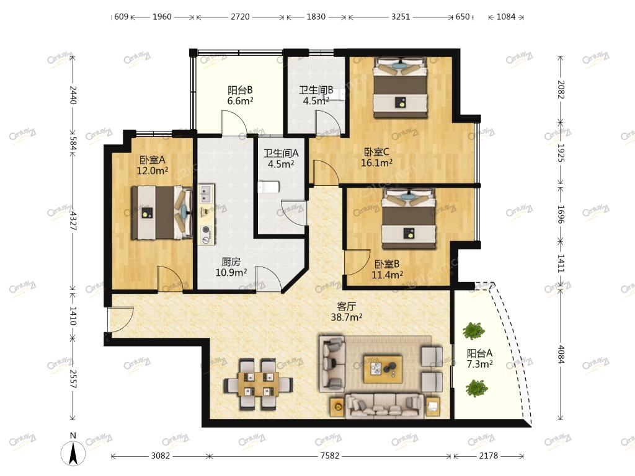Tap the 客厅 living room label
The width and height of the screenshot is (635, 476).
coord(346,306)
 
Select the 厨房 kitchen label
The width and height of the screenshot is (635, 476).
coord(231,262)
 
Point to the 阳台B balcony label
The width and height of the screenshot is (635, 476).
coord(240,90)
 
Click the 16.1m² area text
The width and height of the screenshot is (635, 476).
coord(376,163)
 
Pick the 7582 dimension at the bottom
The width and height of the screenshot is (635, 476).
coord(330,456)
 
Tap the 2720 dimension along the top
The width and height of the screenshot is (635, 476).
coord(240,17)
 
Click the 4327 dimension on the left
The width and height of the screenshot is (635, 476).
coord(73,221)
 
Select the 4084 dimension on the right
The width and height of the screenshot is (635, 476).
coord(561,354)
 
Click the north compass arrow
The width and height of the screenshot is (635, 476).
coord(73,453)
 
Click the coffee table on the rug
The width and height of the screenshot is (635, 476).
coord(383,369)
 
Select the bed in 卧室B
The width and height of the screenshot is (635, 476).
coord(409,219)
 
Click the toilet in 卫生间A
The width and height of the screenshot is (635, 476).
coord(269,187)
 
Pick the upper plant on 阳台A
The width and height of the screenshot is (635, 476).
coord(473,331)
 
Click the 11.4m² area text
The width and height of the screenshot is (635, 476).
coord(387,275)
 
